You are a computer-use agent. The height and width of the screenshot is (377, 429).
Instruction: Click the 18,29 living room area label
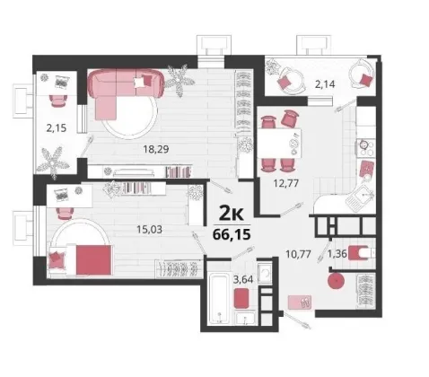[x=155, y=149]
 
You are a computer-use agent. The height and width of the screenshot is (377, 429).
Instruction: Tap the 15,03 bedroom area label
[x=149, y=230]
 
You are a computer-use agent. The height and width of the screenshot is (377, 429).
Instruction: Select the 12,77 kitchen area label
[x=286, y=183]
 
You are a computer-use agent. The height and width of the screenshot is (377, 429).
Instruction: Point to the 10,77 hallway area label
[x=298, y=254]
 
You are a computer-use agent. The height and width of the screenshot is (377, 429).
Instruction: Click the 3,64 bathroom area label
[x=243, y=280]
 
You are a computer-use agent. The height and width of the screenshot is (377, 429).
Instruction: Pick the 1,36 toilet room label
[x=337, y=254]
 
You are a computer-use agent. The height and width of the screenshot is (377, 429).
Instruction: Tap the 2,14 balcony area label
[x=325, y=84]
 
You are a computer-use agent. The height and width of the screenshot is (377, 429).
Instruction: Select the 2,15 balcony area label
[x=56, y=128]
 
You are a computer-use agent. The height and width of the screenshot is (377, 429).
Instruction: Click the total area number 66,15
[x=232, y=234]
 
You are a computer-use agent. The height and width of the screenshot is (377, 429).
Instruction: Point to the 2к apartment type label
[x=232, y=214]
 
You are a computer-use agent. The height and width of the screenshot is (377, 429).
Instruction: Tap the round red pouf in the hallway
[x=337, y=281]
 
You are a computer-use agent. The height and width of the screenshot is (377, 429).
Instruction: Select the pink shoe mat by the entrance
[x=300, y=302]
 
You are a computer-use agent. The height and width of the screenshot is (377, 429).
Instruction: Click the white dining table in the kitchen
[x=279, y=143]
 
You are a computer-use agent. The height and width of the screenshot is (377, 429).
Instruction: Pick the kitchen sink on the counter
[x=360, y=196]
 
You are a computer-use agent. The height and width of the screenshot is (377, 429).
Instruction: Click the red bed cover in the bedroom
[x=93, y=259]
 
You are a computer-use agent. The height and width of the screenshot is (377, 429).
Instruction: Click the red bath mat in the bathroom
[x=241, y=298]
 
